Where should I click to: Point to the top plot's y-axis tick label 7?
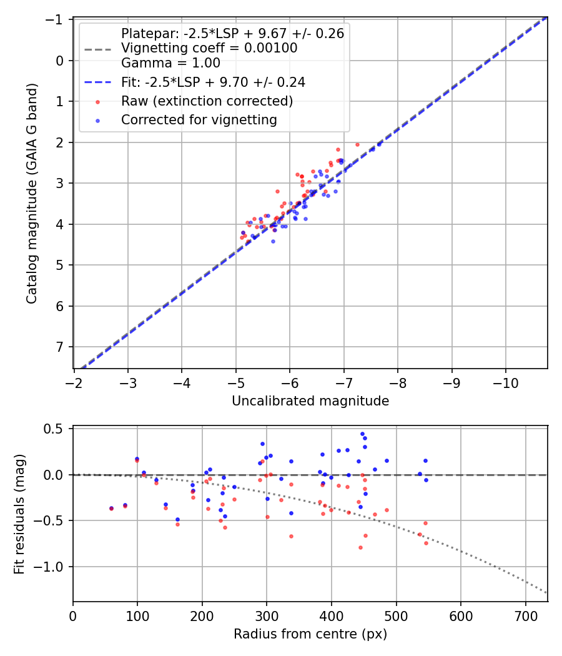tap(61, 347)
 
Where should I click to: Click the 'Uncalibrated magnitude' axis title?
tap(310, 401)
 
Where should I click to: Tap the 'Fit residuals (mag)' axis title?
tap(19, 514)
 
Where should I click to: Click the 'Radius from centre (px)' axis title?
tap(310, 634)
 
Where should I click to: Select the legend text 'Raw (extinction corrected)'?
tap(207, 101)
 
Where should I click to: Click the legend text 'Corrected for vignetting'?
tap(199, 120)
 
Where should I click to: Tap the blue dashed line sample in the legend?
tap(97, 82)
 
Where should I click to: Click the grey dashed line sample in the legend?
tap(97, 48)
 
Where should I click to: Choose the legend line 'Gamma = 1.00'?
tap(170, 62)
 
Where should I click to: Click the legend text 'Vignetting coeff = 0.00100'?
tap(209, 48)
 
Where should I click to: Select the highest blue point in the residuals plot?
tap(362, 434)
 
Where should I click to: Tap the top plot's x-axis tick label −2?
tap(74, 382)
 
